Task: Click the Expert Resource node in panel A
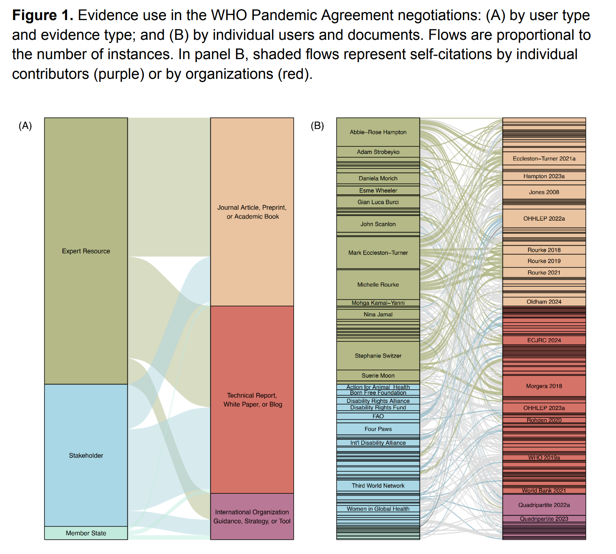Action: pyautogui.click(x=86, y=251)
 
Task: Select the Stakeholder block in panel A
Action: pyautogui.click(x=86, y=455)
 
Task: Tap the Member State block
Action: pyautogui.click(x=86, y=533)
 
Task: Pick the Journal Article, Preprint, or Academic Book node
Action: pyautogui.click(x=252, y=212)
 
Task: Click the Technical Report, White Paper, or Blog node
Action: pyautogui.click(x=252, y=400)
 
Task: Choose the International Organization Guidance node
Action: pyautogui.click(x=252, y=517)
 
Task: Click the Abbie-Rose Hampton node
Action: pyautogui.click(x=378, y=132)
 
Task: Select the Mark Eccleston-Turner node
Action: pyautogui.click(x=378, y=253)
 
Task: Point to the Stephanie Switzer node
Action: pyautogui.click(x=378, y=356)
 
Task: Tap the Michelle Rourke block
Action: pyautogui.click(x=378, y=285)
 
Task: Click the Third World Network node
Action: pyautogui.click(x=378, y=486)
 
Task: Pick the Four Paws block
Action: pyautogui.click(x=378, y=429)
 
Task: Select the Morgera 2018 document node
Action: pyautogui.click(x=544, y=386)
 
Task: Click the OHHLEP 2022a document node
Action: pyautogui.click(x=544, y=219)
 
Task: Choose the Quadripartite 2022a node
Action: pyautogui.click(x=544, y=505)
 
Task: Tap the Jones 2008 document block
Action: pyautogui.click(x=544, y=192)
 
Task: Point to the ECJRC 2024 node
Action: pyautogui.click(x=544, y=340)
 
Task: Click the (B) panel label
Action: pyautogui.click(x=317, y=126)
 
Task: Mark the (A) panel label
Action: pyautogui.click(x=25, y=126)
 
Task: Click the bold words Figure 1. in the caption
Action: pyautogui.click(x=42, y=15)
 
